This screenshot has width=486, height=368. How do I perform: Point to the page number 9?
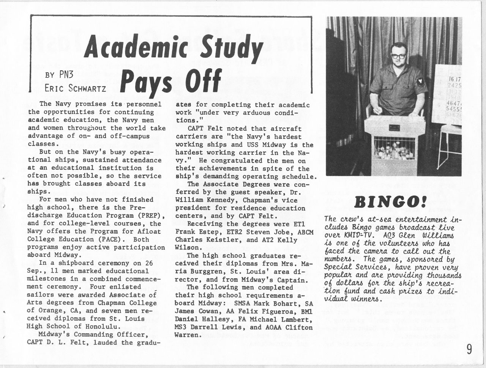tap(469, 349)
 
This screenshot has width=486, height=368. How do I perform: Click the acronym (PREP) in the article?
tap(151, 216)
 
